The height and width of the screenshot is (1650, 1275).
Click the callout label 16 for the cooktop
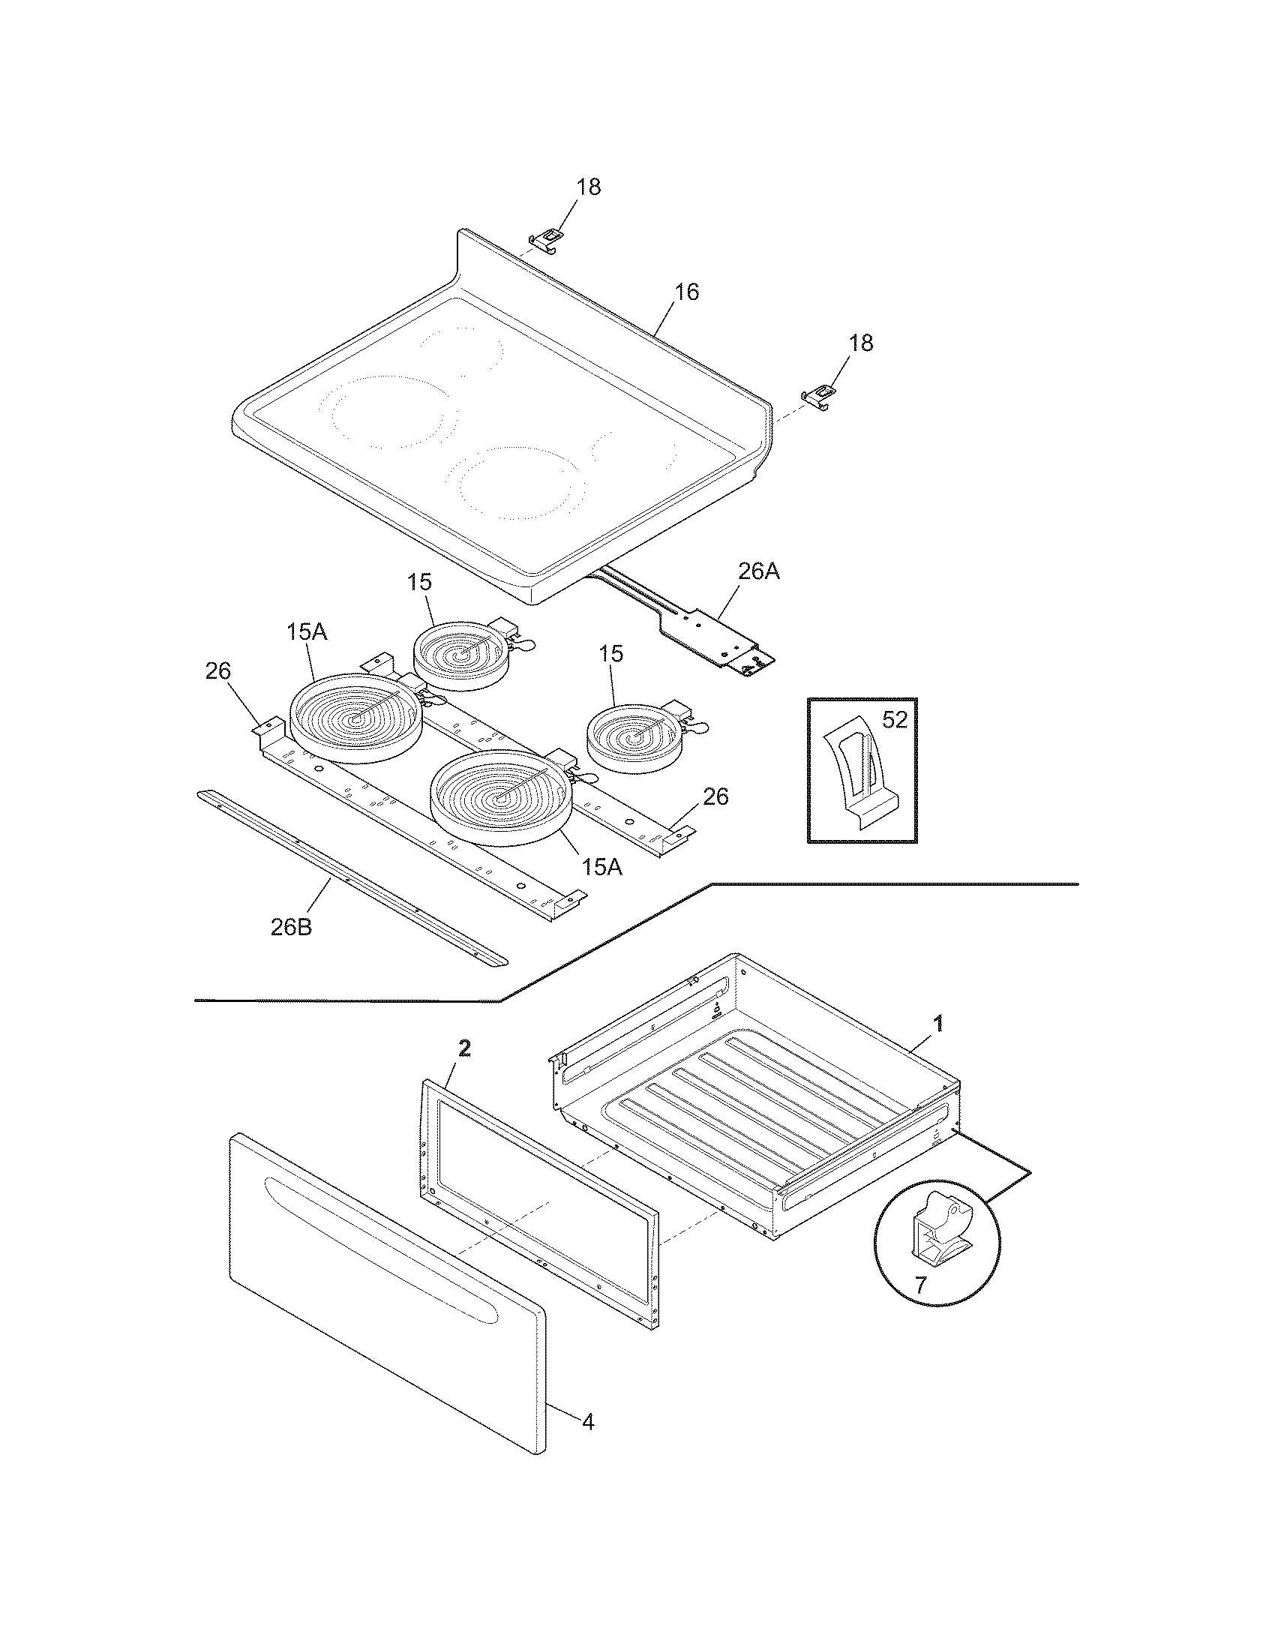click(x=686, y=292)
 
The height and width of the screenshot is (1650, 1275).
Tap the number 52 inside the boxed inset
click(x=894, y=720)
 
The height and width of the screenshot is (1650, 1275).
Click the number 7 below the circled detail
click(x=919, y=1285)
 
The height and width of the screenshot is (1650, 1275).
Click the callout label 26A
click(x=757, y=573)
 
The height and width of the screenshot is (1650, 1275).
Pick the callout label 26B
click(x=291, y=928)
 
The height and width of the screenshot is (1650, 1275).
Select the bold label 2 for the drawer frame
click(x=464, y=1048)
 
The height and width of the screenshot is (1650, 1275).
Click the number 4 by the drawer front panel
click(x=588, y=1423)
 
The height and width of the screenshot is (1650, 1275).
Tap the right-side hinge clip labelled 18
click(x=820, y=396)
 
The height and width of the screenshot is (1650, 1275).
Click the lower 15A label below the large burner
click(x=601, y=867)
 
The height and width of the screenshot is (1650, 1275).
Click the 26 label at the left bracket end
click(x=218, y=672)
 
